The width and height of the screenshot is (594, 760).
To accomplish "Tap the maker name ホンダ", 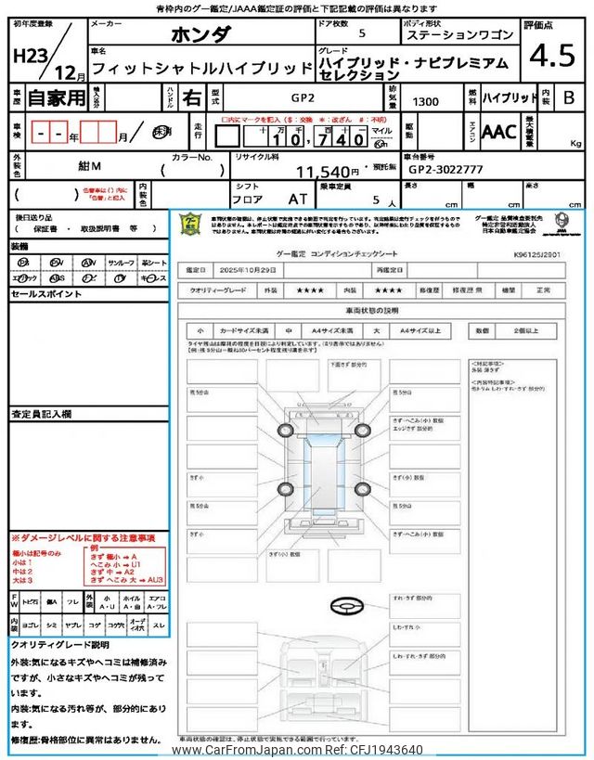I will [200, 35].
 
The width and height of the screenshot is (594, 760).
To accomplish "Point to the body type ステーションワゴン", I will [458, 35].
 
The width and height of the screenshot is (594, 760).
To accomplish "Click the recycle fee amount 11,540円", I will [328, 172].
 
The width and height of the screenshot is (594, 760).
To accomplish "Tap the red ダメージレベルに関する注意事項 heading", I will [84, 538].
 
